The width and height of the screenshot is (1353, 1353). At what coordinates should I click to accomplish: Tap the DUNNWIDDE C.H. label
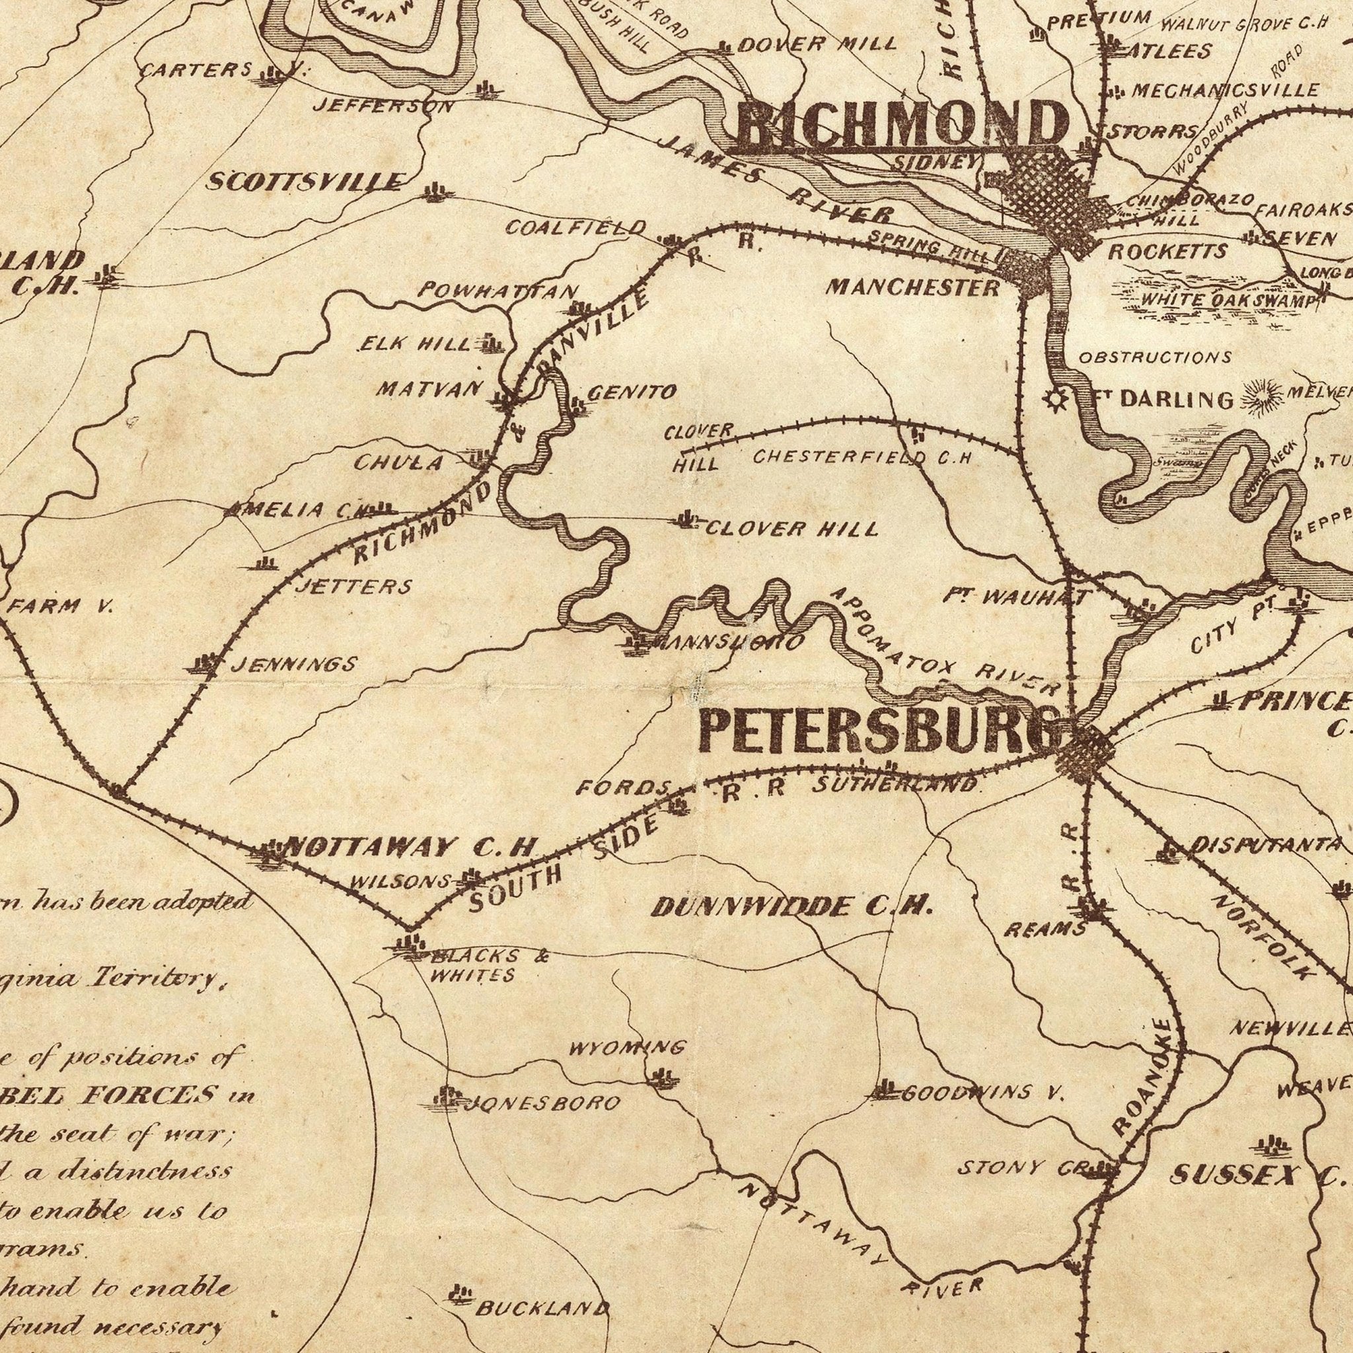[792, 908]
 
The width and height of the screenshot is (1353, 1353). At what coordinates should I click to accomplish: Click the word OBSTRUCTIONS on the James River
[1155, 358]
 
